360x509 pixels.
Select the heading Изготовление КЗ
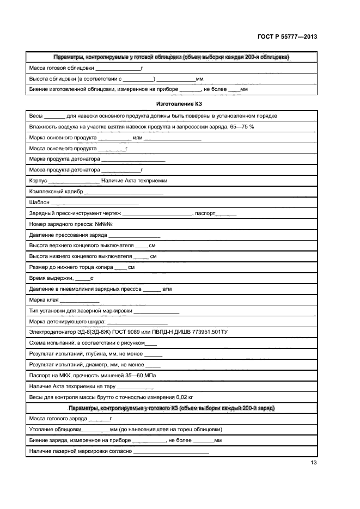(172, 103)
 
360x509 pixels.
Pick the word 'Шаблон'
(39, 203)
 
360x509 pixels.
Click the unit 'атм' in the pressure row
(167, 289)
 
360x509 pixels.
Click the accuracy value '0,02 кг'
(180, 397)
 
